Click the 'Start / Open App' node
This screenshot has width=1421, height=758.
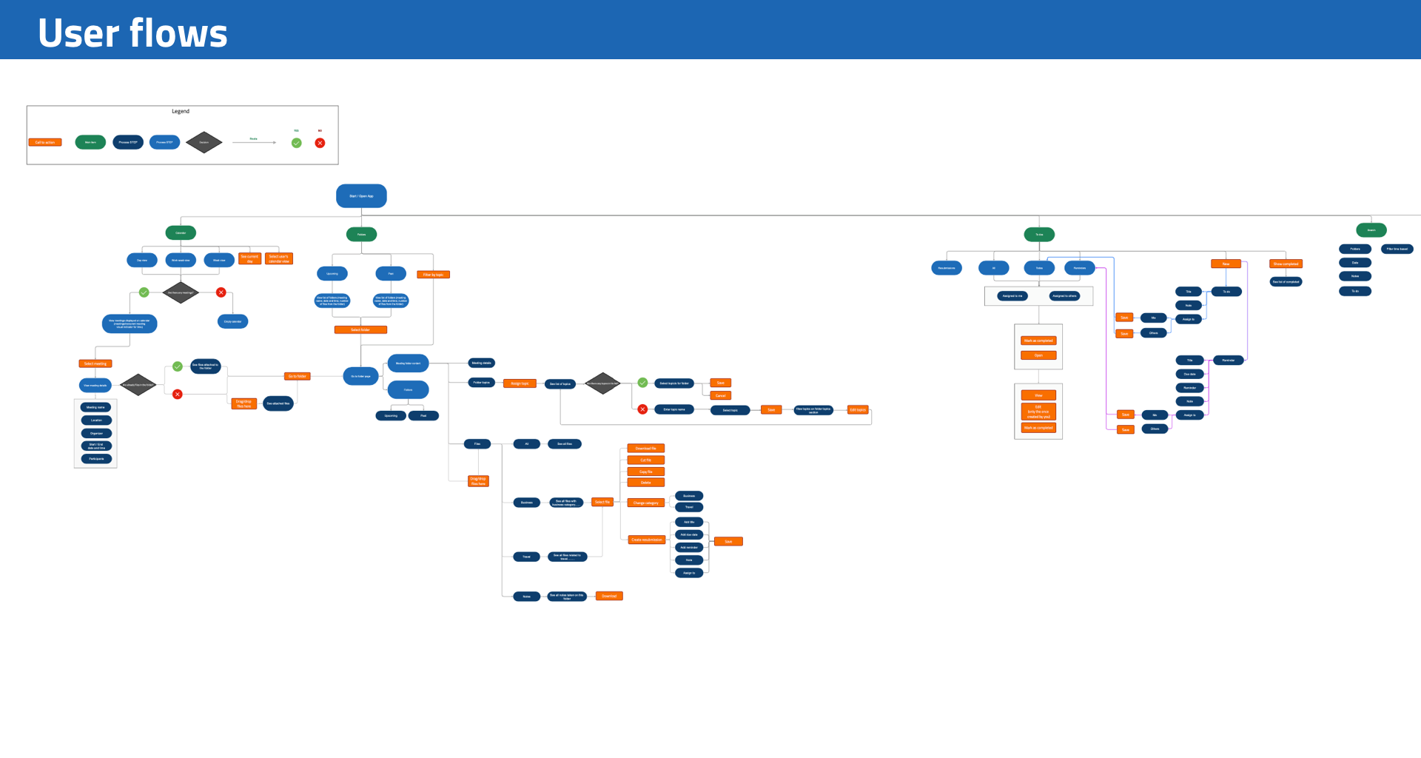[x=361, y=196]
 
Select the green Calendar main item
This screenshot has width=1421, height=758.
[x=181, y=232]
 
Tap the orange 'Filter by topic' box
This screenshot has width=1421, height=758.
[x=433, y=275]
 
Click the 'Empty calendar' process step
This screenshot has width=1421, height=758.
[x=232, y=321]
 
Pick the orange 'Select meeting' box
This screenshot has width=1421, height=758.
[x=95, y=363]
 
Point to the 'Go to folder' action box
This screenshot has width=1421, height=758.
[x=297, y=376]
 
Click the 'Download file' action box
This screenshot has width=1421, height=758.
[x=645, y=449]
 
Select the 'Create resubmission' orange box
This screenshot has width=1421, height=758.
[x=646, y=540]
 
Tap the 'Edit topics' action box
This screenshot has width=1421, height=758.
[x=857, y=409]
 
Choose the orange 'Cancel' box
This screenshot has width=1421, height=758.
[x=720, y=395]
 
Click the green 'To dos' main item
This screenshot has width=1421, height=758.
[x=1039, y=235]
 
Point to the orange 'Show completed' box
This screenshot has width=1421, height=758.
[x=1286, y=264]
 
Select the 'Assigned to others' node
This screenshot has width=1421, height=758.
[x=1064, y=296]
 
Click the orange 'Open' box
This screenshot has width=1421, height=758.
[x=1038, y=355]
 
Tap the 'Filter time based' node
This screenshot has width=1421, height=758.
[x=1397, y=249]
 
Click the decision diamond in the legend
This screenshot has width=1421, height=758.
[x=204, y=142]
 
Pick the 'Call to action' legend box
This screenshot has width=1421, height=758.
[x=45, y=142]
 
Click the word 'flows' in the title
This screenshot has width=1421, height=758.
[x=178, y=34]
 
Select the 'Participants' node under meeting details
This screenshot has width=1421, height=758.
[x=96, y=459]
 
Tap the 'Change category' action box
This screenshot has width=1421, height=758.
[x=645, y=503]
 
